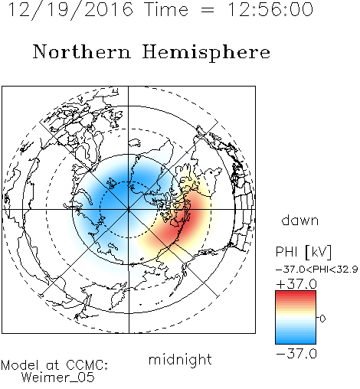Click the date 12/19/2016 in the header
click(x=70, y=9)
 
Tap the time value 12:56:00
click(x=270, y=9)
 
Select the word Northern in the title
click(x=82, y=52)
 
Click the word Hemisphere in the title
click(x=206, y=53)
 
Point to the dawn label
click(x=300, y=220)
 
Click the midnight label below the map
click(x=180, y=359)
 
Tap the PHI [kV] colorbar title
click(x=304, y=252)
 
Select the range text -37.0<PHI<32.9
click(x=317, y=270)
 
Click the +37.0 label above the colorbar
click(x=296, y=284)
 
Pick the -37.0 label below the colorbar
click(x=296, y=354)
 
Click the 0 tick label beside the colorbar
click(x=322, y=319)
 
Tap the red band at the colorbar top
click(x=296, y=294)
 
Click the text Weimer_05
click(x=58, y=378)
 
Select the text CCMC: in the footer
click(x=87, y=365)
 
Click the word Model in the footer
click(x=20, y=365)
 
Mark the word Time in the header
click(x=166, y=9)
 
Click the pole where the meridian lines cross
click(x=129, y=210)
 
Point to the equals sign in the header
click(x=208, y=11)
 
